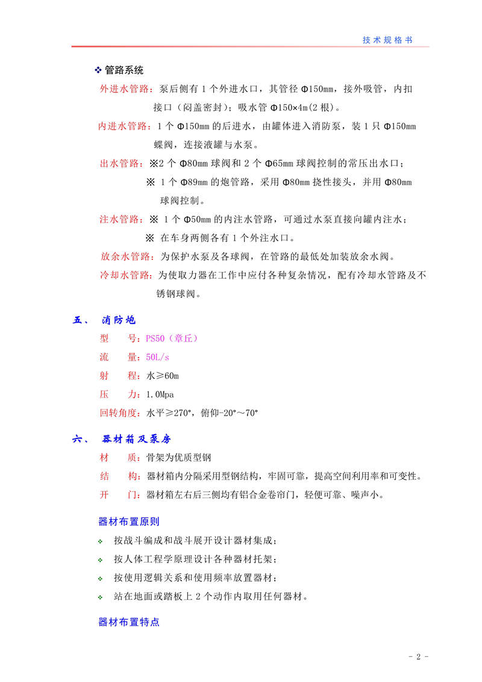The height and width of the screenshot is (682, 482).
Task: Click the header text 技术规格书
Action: pos(387,39)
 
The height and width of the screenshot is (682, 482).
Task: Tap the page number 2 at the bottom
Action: pos(418,657)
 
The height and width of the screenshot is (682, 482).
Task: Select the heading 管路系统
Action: pos(124,71)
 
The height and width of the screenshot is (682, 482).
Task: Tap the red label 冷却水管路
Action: pos(126,275)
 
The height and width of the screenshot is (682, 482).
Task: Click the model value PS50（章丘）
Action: pos(172,339)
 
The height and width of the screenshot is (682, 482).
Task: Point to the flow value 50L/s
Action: pos(158,358)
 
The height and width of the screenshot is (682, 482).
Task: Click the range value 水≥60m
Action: pos(163,376)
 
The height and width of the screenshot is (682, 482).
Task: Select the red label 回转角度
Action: pos(120,414)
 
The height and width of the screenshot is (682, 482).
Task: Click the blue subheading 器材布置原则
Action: pos(128,521)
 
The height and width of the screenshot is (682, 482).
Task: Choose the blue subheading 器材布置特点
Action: pos(128,622)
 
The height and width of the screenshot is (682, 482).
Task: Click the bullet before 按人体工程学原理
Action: pos(101,560)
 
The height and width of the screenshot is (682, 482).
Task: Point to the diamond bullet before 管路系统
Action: pos(99,71)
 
